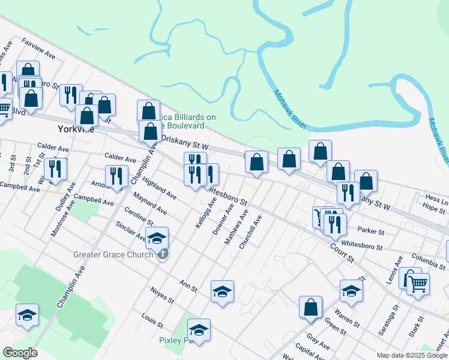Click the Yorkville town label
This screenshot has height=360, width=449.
(76, 129)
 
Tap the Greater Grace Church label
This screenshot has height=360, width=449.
(113, 254)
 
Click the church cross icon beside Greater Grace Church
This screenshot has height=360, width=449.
(163, 254)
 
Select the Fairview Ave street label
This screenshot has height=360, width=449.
(38, 49)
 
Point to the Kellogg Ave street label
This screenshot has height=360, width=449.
(206, 210)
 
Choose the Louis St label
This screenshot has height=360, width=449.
(152, 320)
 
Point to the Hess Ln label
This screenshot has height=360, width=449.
(436, 197)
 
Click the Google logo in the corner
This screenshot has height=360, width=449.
(20, 353)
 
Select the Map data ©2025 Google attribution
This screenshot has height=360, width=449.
(411, 355)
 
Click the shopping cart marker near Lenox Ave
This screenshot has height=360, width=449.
(418, 283)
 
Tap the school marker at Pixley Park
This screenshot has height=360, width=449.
(199, 329)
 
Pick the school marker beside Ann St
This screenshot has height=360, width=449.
(222, 291)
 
